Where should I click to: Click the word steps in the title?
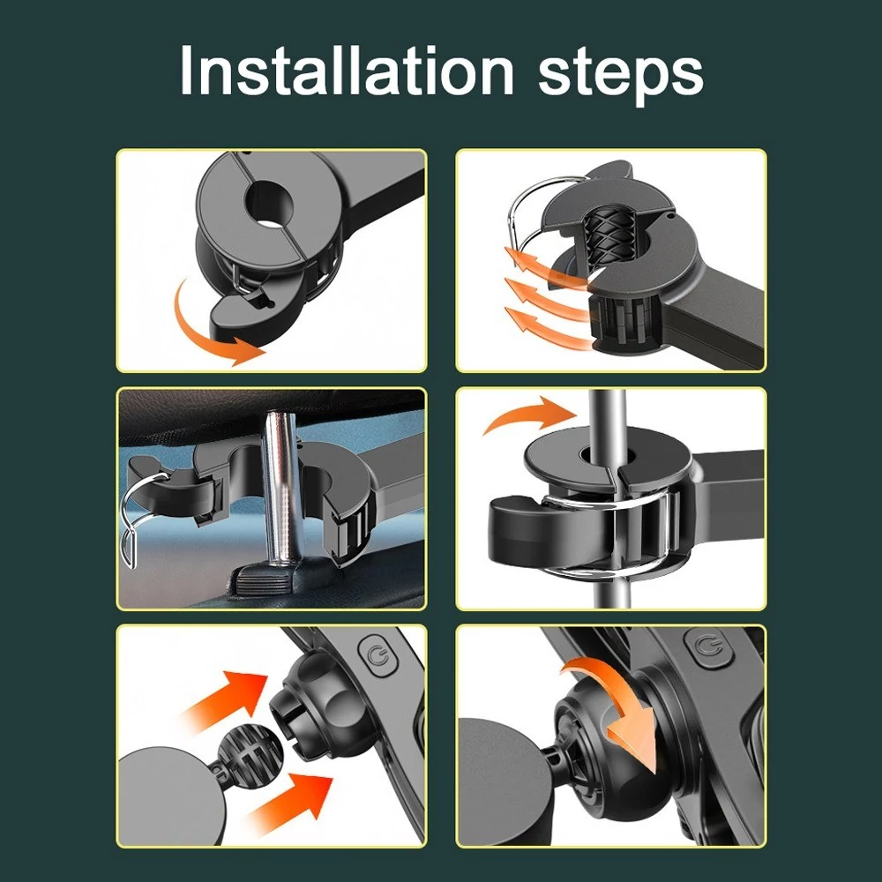[621, 75]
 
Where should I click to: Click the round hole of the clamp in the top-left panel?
[269, 206]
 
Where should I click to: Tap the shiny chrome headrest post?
[284, 489]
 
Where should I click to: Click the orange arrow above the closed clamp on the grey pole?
[528, 415]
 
